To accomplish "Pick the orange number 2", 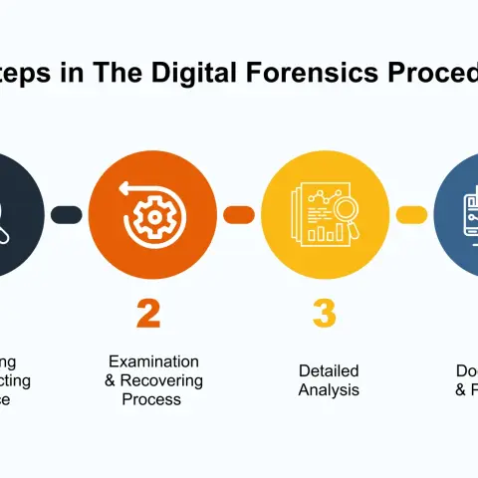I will tap(147, 313).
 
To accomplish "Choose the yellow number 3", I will tap(323, 313).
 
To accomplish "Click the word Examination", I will tap(153, 361).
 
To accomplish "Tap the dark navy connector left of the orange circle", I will tap(66, 214).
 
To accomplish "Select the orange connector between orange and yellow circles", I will tap(238, 214).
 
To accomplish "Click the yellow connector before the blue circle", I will tap(411, 214).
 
